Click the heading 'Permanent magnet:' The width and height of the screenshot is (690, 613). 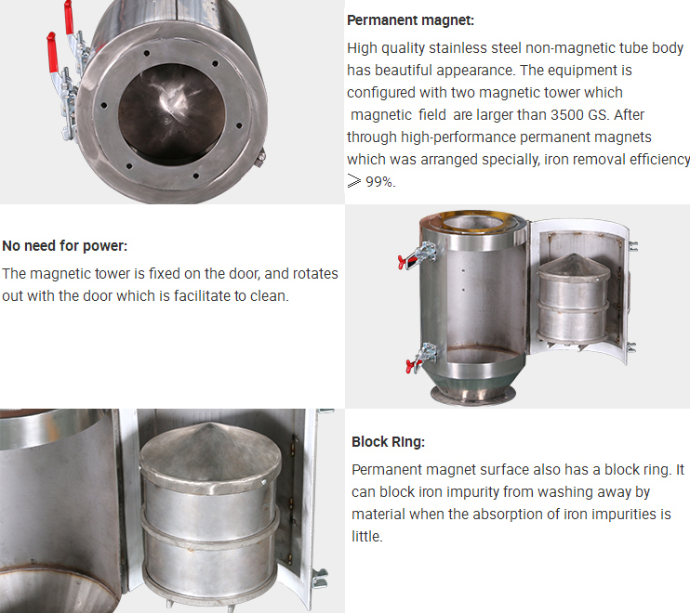[x=403, y=20]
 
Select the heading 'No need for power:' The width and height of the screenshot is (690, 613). [x=64, y=246]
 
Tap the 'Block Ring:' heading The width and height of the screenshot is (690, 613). [x=388, y=442]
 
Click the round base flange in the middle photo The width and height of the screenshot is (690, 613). [x=474, y=394]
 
